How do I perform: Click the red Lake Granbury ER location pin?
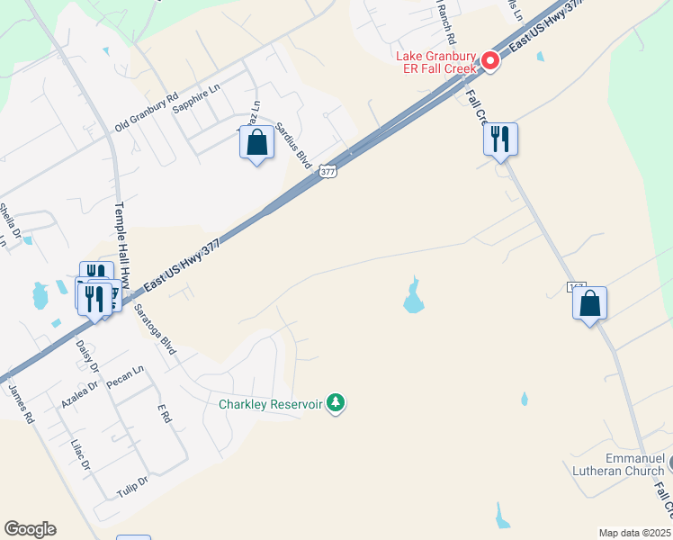point(490,61)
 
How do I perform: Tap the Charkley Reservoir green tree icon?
point(336,402)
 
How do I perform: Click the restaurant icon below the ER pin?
point(499,139)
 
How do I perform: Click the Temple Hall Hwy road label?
point(124,244)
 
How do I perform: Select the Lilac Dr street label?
point(81,454)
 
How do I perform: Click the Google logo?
point(30,529)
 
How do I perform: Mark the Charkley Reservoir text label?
point(270,403)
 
